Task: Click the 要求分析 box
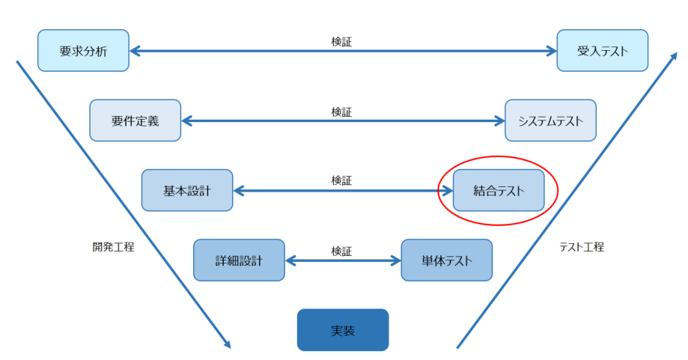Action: (x=83, y=51)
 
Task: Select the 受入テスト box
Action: (x=602, y=51)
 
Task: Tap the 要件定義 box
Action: (x=135, y=120)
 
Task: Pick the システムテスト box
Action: (x=550, y=120)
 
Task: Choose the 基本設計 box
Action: (x=186, y=190)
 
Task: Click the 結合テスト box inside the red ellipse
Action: (x=499, y=190)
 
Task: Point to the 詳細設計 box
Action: (x=239, y=260)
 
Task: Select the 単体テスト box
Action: (x=446, y=260)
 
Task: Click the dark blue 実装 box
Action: (x=343, y=330)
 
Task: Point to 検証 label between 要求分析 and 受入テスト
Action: (x=341, y=41)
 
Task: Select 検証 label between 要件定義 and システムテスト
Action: (x=341, y=111)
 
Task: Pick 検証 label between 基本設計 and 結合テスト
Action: (x=341, y=180)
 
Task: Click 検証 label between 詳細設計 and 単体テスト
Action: (x=341, y=251)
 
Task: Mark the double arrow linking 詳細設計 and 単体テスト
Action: (x=343, y=261)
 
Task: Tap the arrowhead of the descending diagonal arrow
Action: (x=226, y=344)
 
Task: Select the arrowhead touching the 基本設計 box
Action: (x=239, y=191)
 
